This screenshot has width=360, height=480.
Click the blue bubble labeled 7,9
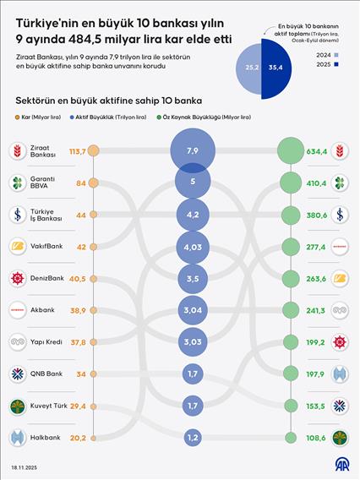click(194, 150)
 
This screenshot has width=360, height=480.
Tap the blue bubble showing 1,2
click(194, 437)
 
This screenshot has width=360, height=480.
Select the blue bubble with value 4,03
click(194, 247)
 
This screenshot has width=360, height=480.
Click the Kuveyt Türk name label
click(50, 406)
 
